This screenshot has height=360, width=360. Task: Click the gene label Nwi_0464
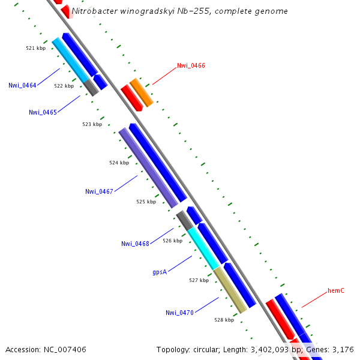coord(22,85)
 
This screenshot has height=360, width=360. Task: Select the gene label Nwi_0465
coord(43,112)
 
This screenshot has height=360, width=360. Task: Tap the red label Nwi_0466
coord(191,65)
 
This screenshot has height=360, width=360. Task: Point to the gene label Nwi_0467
coord(99,191)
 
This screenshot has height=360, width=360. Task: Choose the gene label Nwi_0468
coord(135,244)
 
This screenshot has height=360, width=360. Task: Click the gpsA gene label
coord(160,272)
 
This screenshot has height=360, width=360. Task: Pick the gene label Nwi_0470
coord(179,313)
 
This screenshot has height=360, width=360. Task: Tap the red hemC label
coord(335,291)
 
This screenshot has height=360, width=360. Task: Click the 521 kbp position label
coord(35,48)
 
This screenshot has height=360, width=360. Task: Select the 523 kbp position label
coord(92,124)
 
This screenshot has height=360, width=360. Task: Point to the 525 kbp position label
coord(146,202)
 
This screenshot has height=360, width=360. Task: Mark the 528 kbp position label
coord(224,320)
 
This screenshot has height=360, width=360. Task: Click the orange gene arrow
coord(141,92)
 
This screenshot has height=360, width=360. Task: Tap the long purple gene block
coord(148,167)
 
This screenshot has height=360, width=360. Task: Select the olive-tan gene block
coord(230,290)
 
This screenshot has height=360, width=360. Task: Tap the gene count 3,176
coord(343,349)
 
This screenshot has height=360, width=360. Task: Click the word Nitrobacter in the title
coord(93,11)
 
